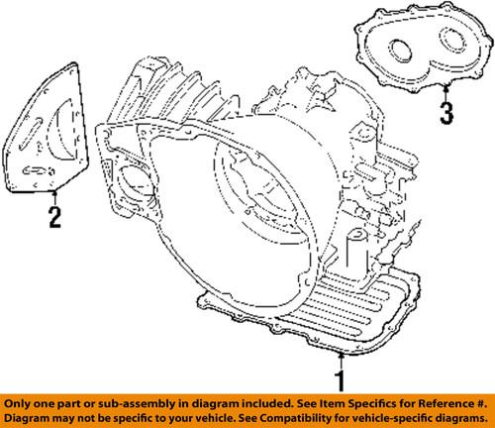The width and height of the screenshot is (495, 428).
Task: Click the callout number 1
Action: coord(343,379)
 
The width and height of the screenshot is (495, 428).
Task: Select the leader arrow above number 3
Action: coord(445,92)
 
